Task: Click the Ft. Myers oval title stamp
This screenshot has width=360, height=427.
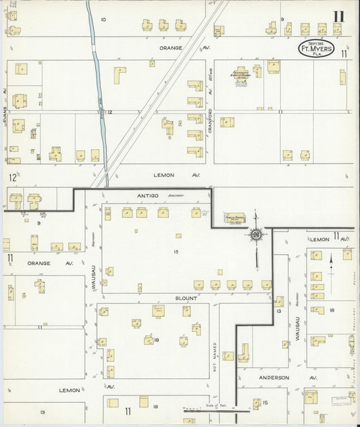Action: pos(317,49)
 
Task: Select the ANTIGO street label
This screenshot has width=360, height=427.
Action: pos(147,196)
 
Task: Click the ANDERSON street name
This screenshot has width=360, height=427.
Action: pos(273,378)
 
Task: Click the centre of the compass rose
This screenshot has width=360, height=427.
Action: pos(256,234)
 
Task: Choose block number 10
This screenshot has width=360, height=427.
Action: pos(103,20)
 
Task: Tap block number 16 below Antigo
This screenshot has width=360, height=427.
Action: pos(176,251)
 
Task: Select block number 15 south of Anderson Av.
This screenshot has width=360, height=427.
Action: pos(265,403)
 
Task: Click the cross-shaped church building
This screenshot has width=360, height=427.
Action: pos(241,77)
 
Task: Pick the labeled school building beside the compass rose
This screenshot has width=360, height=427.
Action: pos(234,219)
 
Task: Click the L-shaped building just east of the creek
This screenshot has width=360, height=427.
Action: pos(120,74)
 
